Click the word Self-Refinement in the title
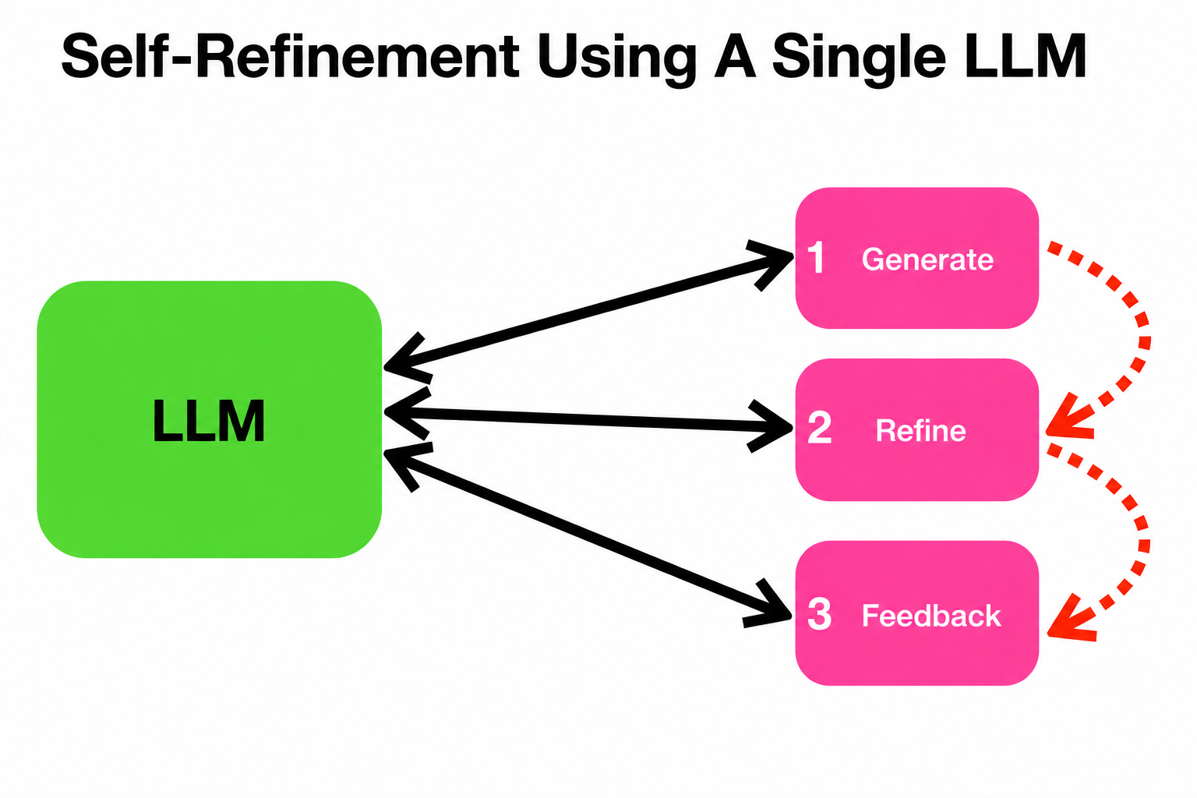tap(290, 56)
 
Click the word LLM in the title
tap(1026, 56)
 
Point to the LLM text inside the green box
tap(209, 421)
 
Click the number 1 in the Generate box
tap(816, 258)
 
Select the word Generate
tap(927, 260)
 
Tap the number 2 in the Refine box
tap(820, 427)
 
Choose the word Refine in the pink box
tap(920, 430)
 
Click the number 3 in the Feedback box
tap(820, 613)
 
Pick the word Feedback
tap(931, 615)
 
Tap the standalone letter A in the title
tap(735, 56)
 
